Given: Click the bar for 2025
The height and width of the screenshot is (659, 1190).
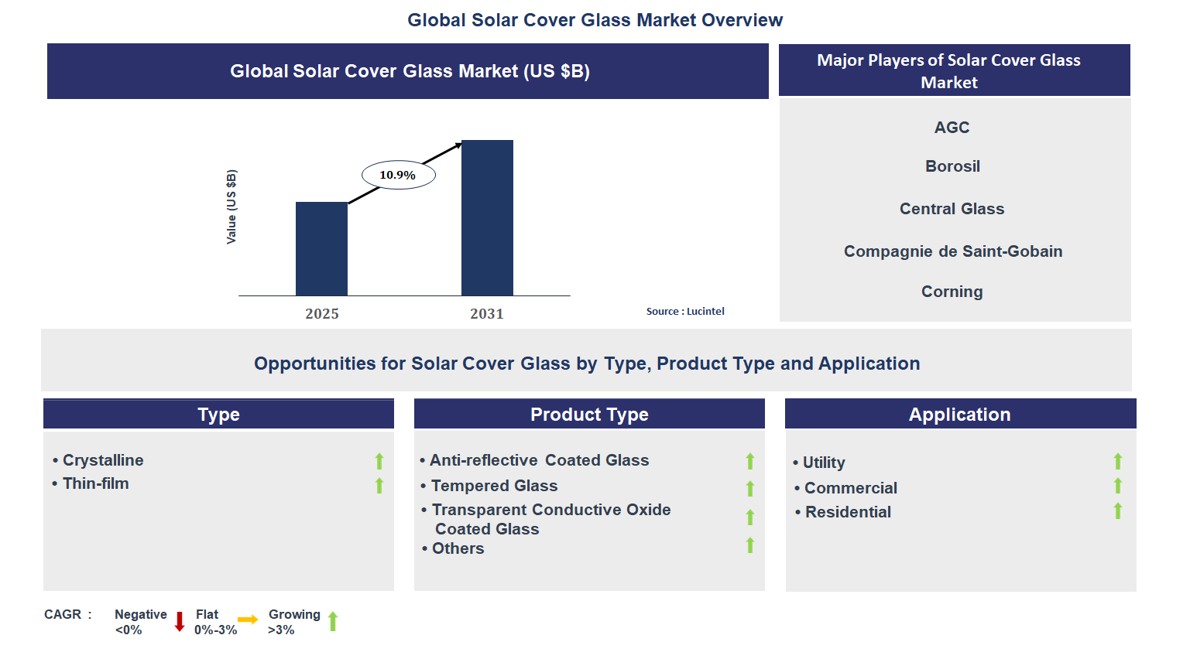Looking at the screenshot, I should click(x=321, y=248).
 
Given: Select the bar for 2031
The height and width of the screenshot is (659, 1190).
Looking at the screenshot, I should click(x=487, y=217).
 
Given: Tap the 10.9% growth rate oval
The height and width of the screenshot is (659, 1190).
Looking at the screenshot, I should click(x=398, y=175).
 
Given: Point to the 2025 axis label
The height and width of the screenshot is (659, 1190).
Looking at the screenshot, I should click(x=322, y=313).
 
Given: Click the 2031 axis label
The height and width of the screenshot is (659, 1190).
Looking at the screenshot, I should click(x=487, y=313).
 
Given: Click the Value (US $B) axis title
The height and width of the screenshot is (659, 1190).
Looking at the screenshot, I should click(x=231, y=207).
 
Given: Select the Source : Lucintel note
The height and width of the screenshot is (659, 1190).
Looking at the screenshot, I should click(x=685, y=311).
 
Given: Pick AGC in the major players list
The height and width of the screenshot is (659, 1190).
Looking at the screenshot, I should click(x=952, y=128).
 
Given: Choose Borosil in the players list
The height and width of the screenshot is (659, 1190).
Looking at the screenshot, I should click(x=952, y=166).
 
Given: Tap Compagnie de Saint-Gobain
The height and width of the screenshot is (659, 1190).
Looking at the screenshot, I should click(x=952, y=251).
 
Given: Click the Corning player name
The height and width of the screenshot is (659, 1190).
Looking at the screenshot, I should click(x=952, y=292).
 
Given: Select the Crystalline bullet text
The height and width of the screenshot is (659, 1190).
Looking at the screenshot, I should click(x=103, y=460).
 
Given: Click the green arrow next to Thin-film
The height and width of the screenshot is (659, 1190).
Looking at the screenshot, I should click(x=379, y=485).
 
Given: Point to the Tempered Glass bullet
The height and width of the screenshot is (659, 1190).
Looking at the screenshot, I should click(x=494, y=486).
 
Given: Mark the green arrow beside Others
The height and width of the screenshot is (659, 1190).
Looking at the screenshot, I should click(x=749, y=545).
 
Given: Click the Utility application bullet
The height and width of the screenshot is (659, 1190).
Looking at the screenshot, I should click(x=823, y=463).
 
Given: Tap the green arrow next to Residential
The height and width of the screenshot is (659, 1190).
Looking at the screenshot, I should click(x=1117, y=510).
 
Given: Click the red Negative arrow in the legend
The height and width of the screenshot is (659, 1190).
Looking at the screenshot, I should click(x=180, y=621).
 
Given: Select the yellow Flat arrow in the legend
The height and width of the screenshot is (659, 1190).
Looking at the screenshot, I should click(x=248, y=620).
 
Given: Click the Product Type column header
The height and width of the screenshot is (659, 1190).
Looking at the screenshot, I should click(x=589, y=415).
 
